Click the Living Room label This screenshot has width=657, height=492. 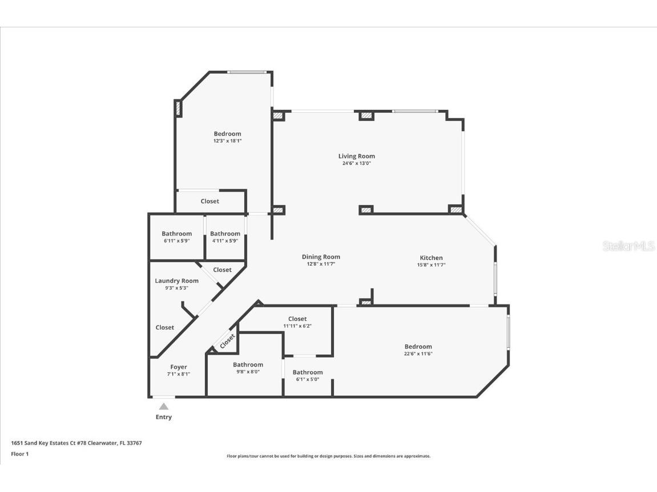click(x=356, y=156)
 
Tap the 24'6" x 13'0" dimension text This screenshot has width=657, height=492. click(x=356, y=164)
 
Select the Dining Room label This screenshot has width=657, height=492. click(x=321, y=257)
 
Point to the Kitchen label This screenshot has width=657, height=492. click(x=431, y=258)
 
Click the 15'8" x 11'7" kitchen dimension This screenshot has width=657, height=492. click(x=431, y=265)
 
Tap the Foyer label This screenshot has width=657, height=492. click(x=179, y=367)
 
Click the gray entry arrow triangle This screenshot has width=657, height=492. click(x=164, y=406)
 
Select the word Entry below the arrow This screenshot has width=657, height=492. click(x=164, y=417)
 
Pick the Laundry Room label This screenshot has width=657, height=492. click(x=176, y=280)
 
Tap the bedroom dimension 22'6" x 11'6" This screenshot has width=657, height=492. click(x=418, y=353)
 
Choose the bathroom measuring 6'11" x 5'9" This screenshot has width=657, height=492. click(x=176, y=237)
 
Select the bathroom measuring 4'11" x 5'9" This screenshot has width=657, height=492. click(x=225, y=237)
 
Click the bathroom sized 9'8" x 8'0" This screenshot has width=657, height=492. click(x=248, y=368)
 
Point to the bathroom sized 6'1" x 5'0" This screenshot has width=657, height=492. click(x=308, y=376)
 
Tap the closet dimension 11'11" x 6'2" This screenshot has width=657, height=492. click(x=297, y=326)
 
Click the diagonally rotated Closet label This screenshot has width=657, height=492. click(x=227, y=341)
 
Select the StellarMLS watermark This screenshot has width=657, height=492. click(x=628, y=246)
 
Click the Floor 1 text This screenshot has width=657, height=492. click(x=19, y=454)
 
